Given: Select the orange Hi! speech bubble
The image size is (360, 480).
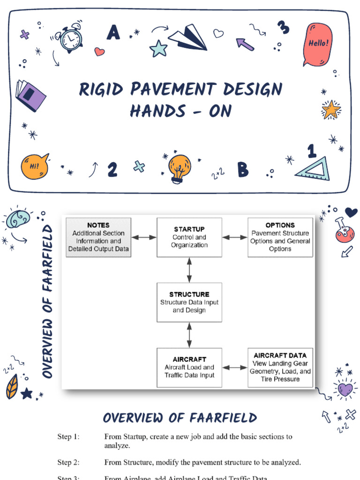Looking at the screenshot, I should tap(35, 167).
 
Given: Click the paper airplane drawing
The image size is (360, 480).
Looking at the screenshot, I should tap(188, 37).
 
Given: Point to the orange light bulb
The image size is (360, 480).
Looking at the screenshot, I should tap(180, 167).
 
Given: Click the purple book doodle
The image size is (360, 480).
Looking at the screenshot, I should tap(30, 95).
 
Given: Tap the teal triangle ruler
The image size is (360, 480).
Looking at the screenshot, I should tap(313, 170).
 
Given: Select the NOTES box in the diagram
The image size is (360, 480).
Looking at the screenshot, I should tap(98, 237).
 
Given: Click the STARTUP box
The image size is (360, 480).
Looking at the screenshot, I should tap(189, 237).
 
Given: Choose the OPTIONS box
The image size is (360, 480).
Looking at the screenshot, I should tap(280, 237).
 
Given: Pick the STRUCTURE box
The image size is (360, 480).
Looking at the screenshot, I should tap(189, 302).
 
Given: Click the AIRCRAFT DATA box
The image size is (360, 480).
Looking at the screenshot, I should tap(280, 367).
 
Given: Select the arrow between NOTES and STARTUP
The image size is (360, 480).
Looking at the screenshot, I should tap(143, 238).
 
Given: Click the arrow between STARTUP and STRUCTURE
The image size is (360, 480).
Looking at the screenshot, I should tap(189, 270).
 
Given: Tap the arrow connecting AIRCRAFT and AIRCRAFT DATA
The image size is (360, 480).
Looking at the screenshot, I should tap(234, 367).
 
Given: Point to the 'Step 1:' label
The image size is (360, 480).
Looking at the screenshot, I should tap(68, 436).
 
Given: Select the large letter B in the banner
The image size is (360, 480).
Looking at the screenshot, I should tap(242, 169).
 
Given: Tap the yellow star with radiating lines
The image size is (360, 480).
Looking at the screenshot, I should tap(331, 110).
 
